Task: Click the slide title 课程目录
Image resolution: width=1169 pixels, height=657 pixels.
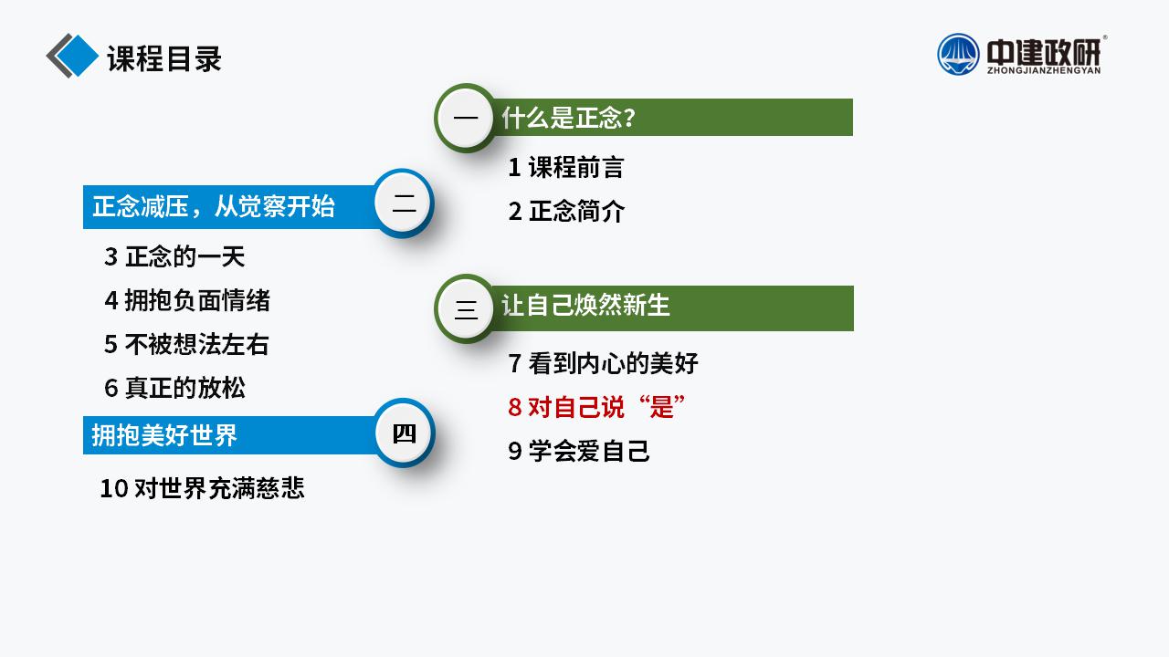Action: pyautogui.click(x=164, y=58)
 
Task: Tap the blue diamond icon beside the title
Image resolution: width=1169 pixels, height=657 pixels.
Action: pyautogui.click(x=77, y=56)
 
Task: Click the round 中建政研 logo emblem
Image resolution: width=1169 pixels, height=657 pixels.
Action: pyautogui.click(x=958, y=54)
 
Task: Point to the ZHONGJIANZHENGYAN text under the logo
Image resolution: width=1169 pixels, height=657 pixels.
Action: pyautogui.click(x=1044, y=70)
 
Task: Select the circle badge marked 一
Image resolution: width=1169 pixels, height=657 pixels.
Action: pyautogui.click(x=466, y=118)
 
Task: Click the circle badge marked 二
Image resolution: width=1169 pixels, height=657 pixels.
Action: pyautogui.click(x=404, y=203)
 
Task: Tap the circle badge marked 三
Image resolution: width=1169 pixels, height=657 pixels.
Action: pyautogui.click(x=466, y=308)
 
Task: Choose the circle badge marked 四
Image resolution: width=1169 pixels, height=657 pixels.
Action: pyautogui.click(x=404, y=433)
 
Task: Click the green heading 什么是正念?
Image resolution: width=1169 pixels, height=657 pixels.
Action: pyautogui.click(x=568, y=118)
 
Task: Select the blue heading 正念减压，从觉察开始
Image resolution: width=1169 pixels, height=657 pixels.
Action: pyautogui.click(x=214, y=206)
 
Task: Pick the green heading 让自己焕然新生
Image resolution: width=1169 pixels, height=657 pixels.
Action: pyautogui.click(x=585, y=305)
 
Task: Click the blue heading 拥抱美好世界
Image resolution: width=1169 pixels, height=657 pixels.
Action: pyautogui.click(x=164, y=435)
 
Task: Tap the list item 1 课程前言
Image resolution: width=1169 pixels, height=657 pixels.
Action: pyautogui.click(x=566, y=167)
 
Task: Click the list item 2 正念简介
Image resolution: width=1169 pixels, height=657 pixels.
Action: pyautogui.click(x=566, y=211)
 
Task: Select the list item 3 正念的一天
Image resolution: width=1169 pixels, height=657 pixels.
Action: pyautogui.click(x=174, y=256)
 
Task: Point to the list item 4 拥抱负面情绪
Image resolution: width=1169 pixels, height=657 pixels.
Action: pyautogui.click(x=187, y=300)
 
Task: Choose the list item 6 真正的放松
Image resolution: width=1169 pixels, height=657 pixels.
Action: pyautogui.click(x=174, y=388)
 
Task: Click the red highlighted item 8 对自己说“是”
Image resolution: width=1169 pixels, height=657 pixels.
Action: pyautogui.click(x=596, y=407)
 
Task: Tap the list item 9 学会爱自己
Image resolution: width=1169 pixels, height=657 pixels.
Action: pyautogui.click(x=579, y=451)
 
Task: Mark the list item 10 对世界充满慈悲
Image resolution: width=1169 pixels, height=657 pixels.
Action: pyautogui.click(x=202, y=488)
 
